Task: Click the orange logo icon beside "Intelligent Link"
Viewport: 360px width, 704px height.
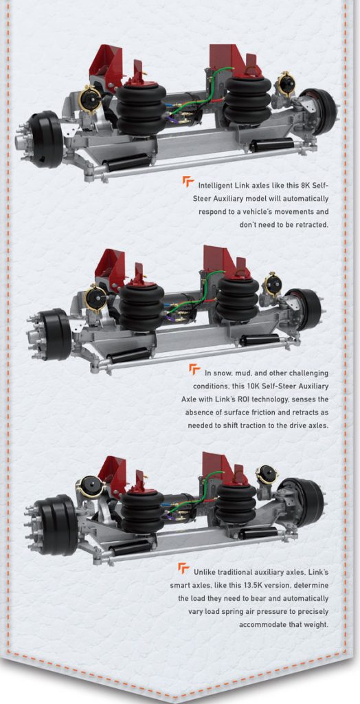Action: (x=188, y=182)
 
